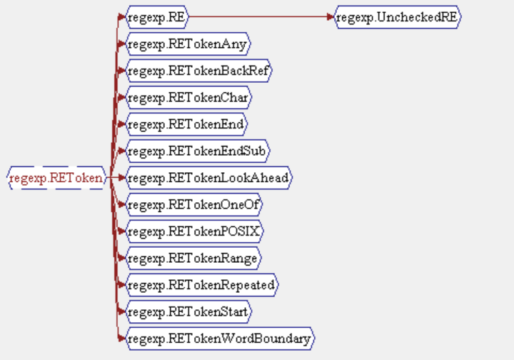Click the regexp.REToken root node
tap(56, 178)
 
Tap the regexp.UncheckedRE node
tap(398, 16)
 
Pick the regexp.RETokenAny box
tap(187, 44)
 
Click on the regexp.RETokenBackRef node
tap(198, 71)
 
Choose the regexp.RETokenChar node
tap(188, 97)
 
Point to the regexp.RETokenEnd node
tap(186, 124)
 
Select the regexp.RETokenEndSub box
tap(198, 151)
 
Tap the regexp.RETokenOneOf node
tap(194, 204)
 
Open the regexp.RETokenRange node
tap(193, 258)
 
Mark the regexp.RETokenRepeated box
tap(201, 285)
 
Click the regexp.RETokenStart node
tap(189, 311)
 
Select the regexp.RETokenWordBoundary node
tap(219, 339)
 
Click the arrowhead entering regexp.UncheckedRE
tap(330, 16)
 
